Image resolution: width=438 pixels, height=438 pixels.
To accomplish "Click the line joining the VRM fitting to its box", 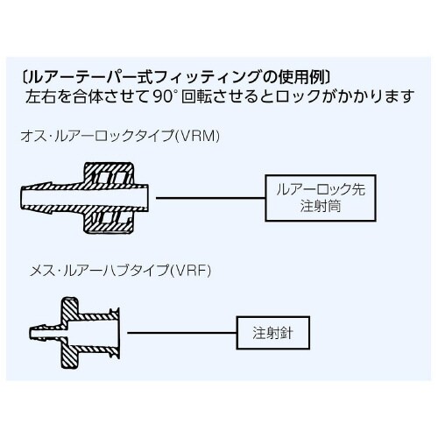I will (209, 198).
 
